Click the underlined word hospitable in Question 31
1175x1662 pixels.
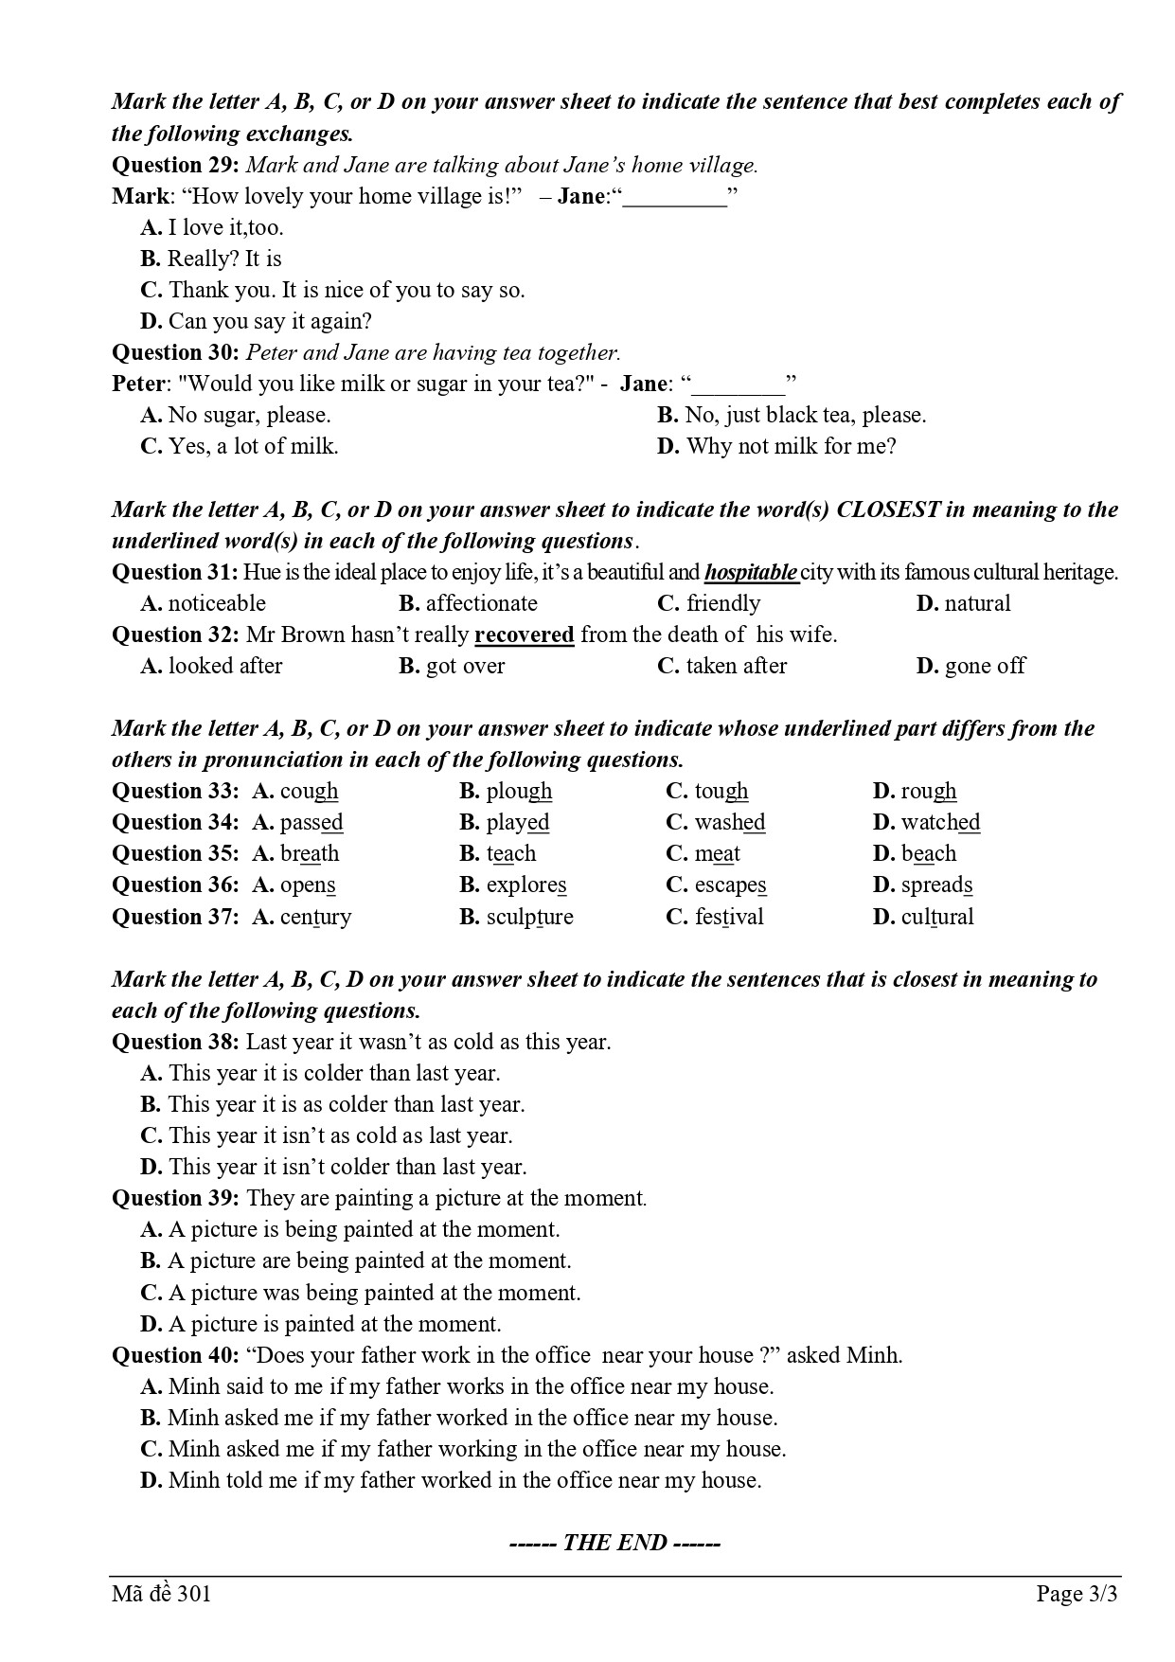tap(751, 573)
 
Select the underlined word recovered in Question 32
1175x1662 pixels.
tap(524, 634)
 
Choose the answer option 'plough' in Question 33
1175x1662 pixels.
tap(519, 792)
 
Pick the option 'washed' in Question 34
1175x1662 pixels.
tap(729, 823)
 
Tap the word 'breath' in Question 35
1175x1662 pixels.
tap(310, 854)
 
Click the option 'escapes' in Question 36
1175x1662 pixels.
tap(730, 885)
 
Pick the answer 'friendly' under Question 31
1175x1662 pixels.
tap(723, 604)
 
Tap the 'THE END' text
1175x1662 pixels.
tap(615, 1544)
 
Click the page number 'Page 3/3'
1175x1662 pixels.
tap(1077, 1595)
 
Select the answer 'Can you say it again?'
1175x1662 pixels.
tap(270, 322)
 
